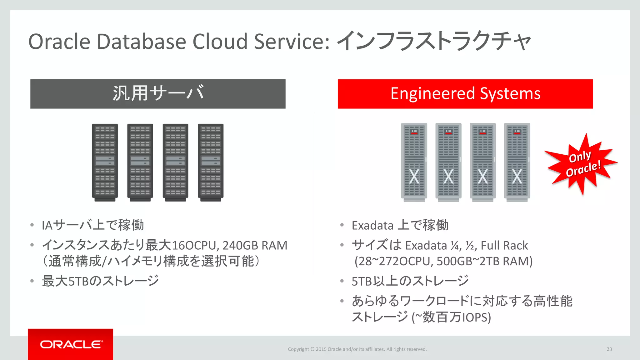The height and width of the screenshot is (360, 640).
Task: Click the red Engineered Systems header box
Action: tap(465, 94)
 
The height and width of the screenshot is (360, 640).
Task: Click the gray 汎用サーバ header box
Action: tap(158, 94)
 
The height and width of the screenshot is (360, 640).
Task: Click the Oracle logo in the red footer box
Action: tap(71, 344)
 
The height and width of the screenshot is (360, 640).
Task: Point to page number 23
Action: tap(609, 349)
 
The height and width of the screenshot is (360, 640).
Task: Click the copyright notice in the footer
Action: tap(357, 349)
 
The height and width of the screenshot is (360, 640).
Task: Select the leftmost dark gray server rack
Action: tap(105, 162)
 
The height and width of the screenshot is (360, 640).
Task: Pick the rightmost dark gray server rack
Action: tap(211, 162)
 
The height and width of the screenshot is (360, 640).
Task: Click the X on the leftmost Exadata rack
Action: tap(414, 177)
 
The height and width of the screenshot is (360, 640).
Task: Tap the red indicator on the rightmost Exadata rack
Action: tap(517, 133)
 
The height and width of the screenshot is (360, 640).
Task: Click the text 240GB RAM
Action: tap(255, 246)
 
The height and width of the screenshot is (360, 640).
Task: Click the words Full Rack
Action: tap(504, 246)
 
